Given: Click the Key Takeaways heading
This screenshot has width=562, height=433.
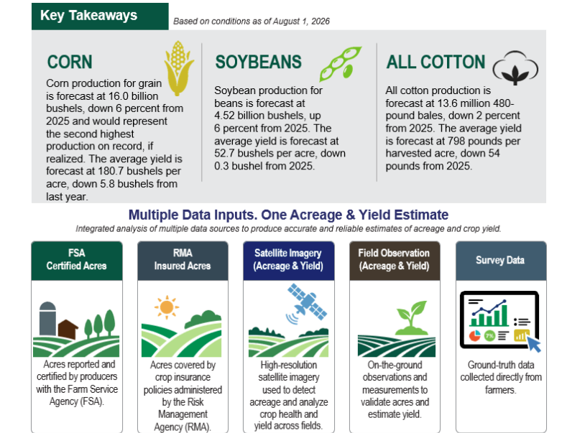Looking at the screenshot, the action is click(88, 15).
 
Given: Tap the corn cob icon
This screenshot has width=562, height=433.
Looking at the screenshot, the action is click(178, 68).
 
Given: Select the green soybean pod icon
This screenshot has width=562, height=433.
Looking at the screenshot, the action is click(341, 64).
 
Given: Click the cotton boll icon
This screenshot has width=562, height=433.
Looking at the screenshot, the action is click(515, 68).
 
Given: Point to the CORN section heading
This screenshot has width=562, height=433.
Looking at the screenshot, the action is click(70, 62).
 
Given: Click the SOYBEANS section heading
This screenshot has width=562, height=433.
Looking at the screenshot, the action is click(258, 62).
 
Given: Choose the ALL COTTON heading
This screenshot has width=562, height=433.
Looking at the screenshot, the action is click(436, 62).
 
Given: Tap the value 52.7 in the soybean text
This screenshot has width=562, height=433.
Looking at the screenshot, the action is click(225, 153).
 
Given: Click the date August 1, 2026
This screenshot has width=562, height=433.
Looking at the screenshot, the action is click(301, 22).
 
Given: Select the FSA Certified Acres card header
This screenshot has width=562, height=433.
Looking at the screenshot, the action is click(77, 261).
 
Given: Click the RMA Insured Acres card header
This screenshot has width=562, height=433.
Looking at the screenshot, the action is click(183, 261).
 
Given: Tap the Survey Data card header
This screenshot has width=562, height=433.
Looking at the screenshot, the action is click(501, 261).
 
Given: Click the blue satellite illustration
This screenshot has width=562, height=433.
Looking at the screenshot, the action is click(307, 303).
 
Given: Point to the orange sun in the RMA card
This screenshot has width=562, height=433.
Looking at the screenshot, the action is click(167, 307).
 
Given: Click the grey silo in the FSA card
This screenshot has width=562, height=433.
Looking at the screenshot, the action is click(47, 318).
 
